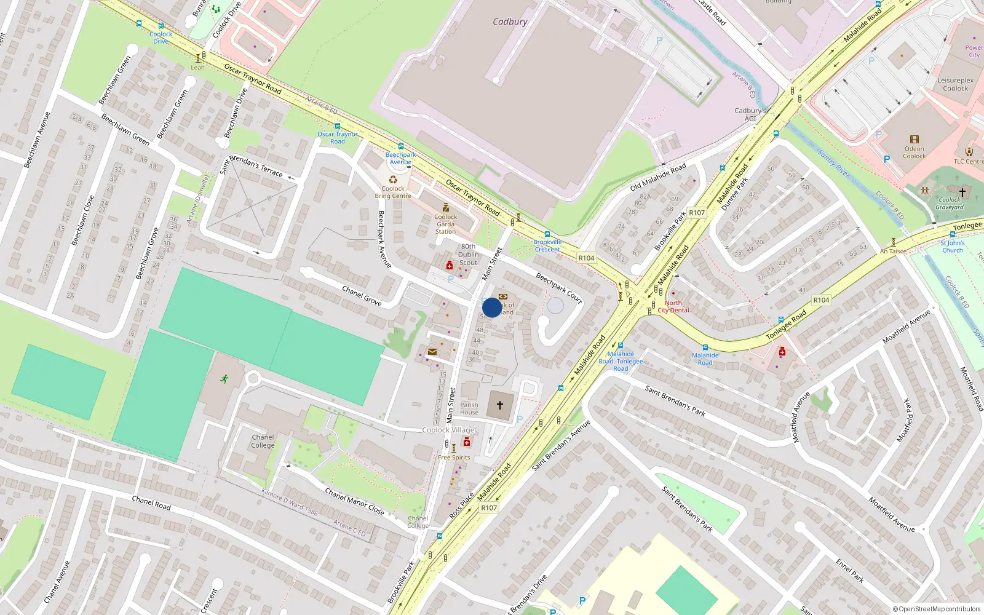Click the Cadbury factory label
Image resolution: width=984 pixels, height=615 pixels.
click(510, 22)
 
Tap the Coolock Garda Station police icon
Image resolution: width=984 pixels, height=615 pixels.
click(446, 208)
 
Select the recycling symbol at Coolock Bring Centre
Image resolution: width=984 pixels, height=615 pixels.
click(393, 180)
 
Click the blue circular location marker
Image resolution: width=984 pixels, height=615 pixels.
click(492, 307)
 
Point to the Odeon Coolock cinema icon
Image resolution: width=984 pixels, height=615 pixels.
click(915, 140)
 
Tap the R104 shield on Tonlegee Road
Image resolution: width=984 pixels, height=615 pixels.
click(821, 300)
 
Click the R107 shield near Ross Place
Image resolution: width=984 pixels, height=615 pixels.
click(489, 507)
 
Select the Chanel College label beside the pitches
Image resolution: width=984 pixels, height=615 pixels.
click(263, 441)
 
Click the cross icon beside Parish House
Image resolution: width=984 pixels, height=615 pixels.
click(500, 405)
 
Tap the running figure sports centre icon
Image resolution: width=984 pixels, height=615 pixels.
click(224, 379)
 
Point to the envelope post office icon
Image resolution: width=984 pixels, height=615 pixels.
click(432, 352)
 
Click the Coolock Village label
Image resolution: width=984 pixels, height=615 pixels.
click(448, 430)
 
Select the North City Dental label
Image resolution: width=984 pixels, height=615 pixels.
click(673, 306)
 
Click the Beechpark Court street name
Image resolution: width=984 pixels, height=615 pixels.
click(558, 287)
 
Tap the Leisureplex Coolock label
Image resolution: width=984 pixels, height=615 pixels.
click(955, 84)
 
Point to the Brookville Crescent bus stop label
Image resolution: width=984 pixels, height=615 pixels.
click(547, 245)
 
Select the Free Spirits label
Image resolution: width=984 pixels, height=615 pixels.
click(454, 458)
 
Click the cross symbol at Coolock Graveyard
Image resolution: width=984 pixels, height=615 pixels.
click(962, 192)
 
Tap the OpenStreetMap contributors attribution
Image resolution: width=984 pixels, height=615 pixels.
click(937, 609)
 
